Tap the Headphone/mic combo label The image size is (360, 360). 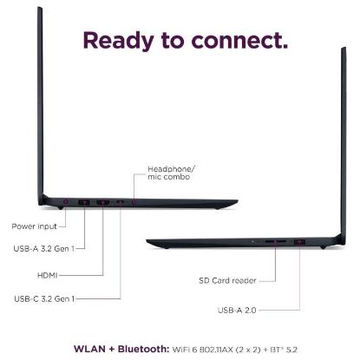coord(171,173)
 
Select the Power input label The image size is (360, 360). coord(35,226)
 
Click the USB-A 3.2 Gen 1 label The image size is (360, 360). coord(44,248)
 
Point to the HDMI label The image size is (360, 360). coord(48,275)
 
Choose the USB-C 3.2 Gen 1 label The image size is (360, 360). coord(44,298)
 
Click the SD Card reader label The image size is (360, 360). coord(227,280)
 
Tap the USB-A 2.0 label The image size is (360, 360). coord(237,311)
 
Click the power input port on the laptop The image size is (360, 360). coord(66,201)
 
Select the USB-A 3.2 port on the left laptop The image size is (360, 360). coord(84,202)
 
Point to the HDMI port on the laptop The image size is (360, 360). coord(102,203)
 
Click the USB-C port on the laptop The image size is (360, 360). coord(121,202)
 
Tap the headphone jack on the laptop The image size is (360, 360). coord(134,202)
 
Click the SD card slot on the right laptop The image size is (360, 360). coord(275,241)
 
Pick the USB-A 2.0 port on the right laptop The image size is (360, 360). coord(299,242)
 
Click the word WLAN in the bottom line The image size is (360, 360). coord(89,349)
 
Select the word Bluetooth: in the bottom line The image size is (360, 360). coord(144,349)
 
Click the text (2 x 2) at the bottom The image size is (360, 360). coord(248,350)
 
